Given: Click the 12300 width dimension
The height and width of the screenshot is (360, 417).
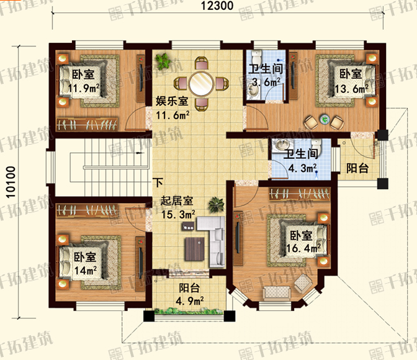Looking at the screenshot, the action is [x=217, y=6].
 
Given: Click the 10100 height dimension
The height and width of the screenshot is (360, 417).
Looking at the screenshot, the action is [x=11, y=182].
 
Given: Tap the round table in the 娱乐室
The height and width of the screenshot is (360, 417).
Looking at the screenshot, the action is [x=201, y=83].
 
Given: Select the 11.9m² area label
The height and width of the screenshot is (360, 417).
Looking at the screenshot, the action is [x=84, y=88].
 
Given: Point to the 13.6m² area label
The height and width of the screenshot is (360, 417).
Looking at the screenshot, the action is [x=352, y=89].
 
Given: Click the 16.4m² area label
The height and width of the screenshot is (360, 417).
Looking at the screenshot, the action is [x=303, y=248].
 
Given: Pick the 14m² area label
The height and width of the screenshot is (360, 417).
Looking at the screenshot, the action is [x=86, y=271].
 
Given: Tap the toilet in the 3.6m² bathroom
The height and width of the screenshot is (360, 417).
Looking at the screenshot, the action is [x=257, y=56].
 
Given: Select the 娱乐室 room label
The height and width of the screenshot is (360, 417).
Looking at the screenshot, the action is [x=172, y=101].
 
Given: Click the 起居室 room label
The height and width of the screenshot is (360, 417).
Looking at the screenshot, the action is [x=177, y=201].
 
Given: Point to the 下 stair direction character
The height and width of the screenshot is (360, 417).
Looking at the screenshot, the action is [x=158, y=183].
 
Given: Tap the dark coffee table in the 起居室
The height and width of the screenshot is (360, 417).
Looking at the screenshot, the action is [x=195, y=249].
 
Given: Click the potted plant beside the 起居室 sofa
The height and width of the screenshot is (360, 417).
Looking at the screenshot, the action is [x=216, y=205].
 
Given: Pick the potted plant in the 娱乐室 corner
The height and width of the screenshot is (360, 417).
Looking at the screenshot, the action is [x=163, y=61].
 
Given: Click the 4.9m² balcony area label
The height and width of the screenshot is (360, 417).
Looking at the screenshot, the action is [x=190, y=301].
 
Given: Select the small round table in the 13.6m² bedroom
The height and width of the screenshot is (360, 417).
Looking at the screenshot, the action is [x=325, y=119].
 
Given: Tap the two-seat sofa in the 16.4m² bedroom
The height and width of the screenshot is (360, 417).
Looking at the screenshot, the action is [x=277, y=293].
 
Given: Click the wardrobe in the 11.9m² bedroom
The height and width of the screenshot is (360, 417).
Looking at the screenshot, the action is [x=87, y=124].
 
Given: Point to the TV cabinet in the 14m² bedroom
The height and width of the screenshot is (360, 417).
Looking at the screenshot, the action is [x=140, y=264].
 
